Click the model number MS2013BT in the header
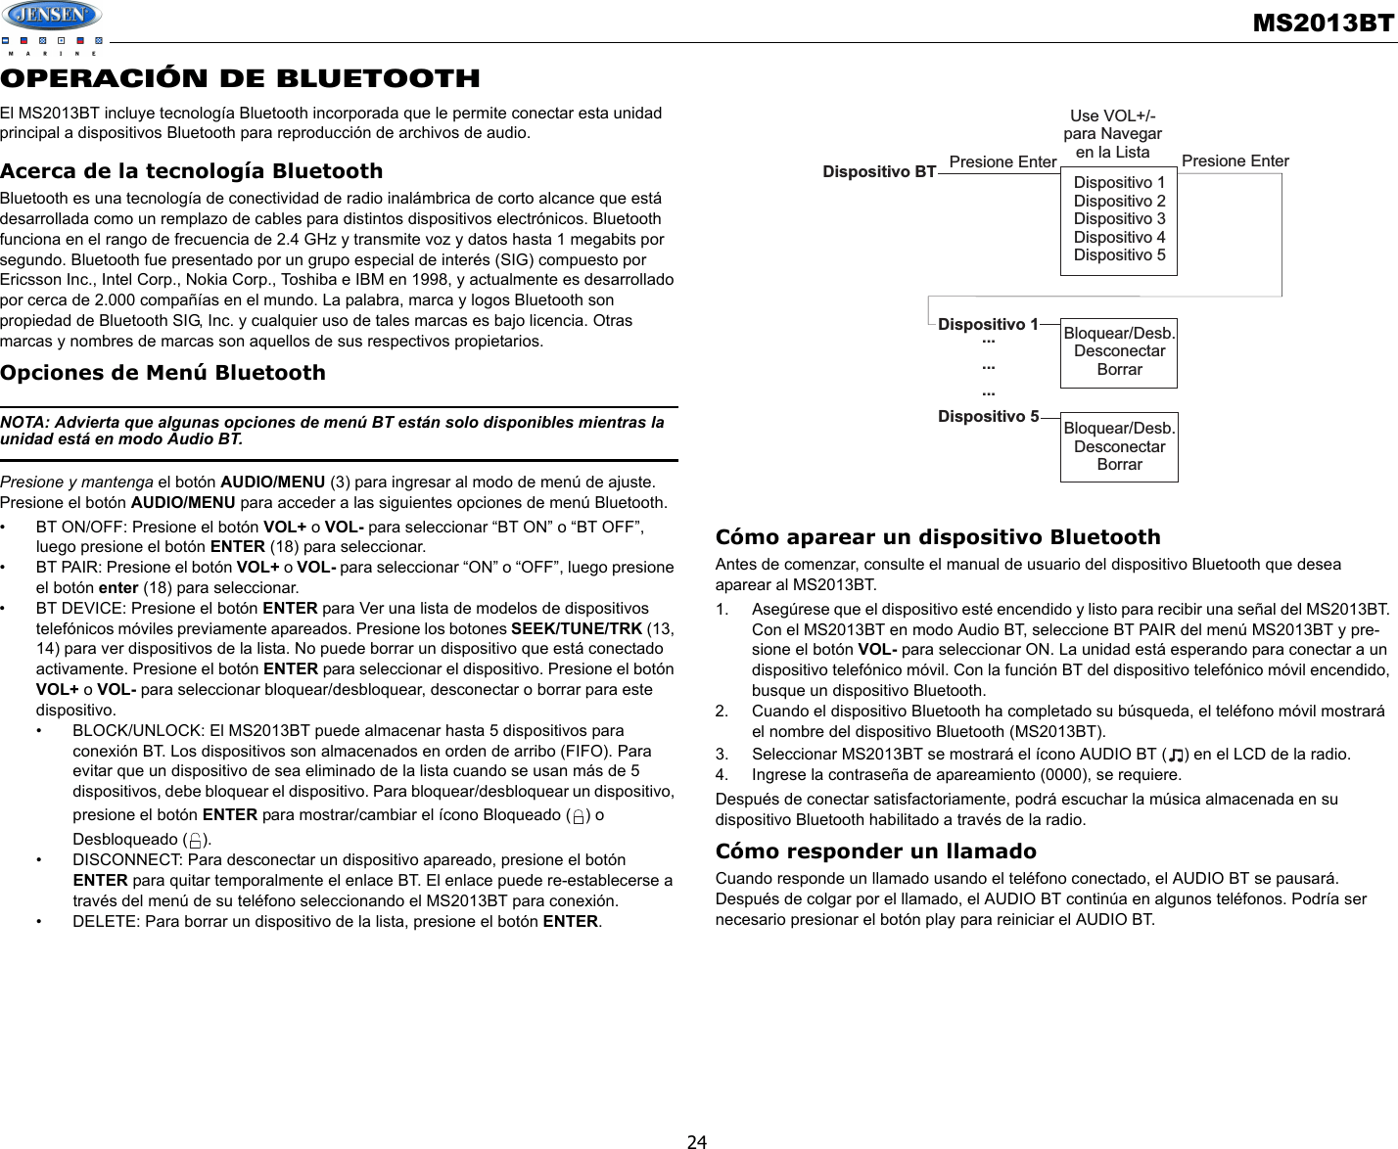1323,23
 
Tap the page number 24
697,1140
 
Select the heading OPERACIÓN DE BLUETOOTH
240,78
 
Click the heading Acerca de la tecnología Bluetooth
191,171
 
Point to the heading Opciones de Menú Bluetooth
163,373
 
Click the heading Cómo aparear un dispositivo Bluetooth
937,537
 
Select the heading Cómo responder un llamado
875,851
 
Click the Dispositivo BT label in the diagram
879,171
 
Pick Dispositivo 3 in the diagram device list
1119,219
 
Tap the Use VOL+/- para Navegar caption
1112,134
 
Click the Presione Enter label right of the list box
1235,161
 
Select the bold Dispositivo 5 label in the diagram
988,417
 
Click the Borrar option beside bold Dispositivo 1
1119,370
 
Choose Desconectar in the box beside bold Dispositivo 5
1119,446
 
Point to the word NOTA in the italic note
24,423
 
